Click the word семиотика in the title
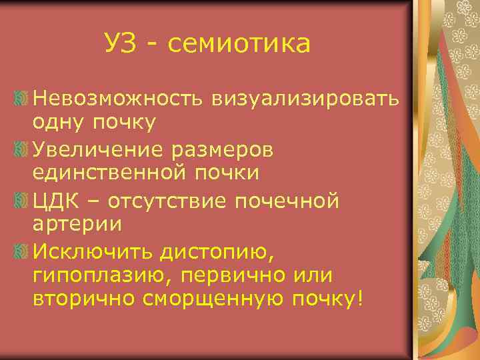pos(239,45)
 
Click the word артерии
pos(77,225)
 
